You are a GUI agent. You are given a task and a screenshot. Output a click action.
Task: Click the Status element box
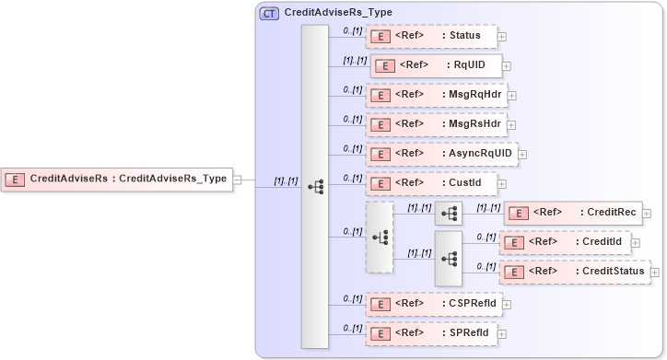coord(431,36)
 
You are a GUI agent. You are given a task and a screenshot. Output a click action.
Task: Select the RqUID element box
coord(436,65)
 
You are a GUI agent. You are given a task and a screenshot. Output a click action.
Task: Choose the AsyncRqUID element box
coord(441,154)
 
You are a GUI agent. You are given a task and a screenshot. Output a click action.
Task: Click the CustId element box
coord(431,183)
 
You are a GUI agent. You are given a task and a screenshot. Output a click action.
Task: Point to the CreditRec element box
coord(572,213)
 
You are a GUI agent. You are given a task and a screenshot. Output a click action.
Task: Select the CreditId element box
coord(563,242)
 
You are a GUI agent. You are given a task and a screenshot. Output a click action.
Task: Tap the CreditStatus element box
coord(575,272)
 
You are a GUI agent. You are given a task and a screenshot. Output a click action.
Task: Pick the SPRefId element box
coord(430,332)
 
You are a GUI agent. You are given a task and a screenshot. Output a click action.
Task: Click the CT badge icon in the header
coord(270,13)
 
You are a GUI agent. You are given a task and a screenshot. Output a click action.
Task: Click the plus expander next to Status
coord(502,37)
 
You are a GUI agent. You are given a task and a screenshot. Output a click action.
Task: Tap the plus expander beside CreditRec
coord(647,214)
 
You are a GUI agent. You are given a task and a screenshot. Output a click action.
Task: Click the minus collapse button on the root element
coord(237,180)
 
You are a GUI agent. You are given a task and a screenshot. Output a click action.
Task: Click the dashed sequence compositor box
coord(380,238)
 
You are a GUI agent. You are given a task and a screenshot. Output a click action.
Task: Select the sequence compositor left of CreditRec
coord(449,213)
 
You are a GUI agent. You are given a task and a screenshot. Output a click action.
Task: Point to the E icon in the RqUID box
coord(387,66)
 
